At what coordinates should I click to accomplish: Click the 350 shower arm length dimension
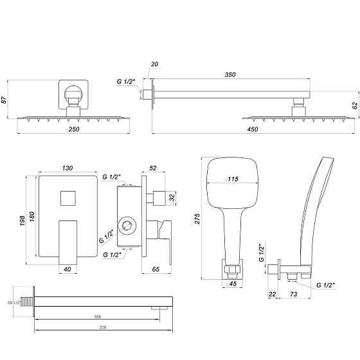(x=230, y=75)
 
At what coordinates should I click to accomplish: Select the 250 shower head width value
(x=75, y=129)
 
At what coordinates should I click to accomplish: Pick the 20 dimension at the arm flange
(x=154, y=64)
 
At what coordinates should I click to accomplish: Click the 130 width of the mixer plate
(x=67, y=168)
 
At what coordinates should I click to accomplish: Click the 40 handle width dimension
(x=67, y=270)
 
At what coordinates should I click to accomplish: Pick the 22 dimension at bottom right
(x=272, y=294)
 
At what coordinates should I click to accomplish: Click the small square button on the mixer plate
(x=66, y=199)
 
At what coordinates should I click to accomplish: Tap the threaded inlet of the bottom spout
(x=27, y=300)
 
